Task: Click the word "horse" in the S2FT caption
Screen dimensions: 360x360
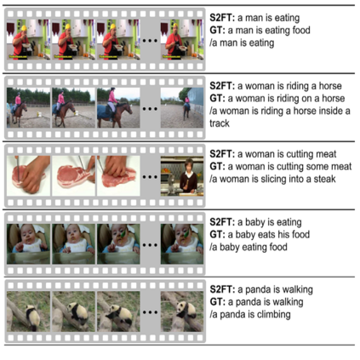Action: point(330,86)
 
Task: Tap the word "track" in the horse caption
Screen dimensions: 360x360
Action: point(220,123)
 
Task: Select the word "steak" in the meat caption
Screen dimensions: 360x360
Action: point(324,179)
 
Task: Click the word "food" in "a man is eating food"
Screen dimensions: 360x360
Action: point(300,31)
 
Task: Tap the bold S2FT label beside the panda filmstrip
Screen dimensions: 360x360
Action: point(222,289)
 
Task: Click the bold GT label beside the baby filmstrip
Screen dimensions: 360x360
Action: point(217,235)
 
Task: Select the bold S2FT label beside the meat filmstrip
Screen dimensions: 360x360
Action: point(222,154)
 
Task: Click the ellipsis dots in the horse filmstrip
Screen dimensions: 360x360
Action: point(150,109)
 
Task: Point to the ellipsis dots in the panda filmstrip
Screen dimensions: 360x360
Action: point(150,312)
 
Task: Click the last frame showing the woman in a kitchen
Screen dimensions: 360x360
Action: point(182,176)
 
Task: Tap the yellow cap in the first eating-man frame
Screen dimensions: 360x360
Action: point(24,27)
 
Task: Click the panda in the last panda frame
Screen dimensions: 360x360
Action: point(186,310)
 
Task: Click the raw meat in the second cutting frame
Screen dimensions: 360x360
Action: point(73,176)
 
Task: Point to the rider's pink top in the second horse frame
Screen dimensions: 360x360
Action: point(61,99)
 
